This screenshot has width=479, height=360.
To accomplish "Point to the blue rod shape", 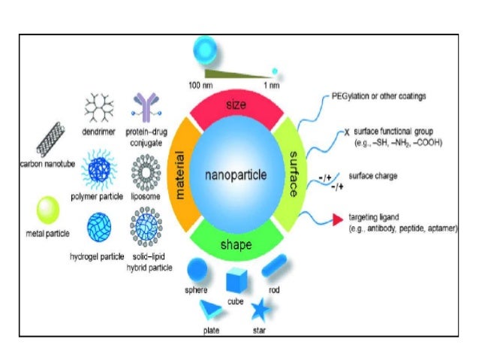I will tap(275, 265).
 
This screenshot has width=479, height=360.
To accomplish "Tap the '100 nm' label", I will tap(199, 85).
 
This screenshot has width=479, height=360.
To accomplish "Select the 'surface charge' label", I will tap(373, 176).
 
